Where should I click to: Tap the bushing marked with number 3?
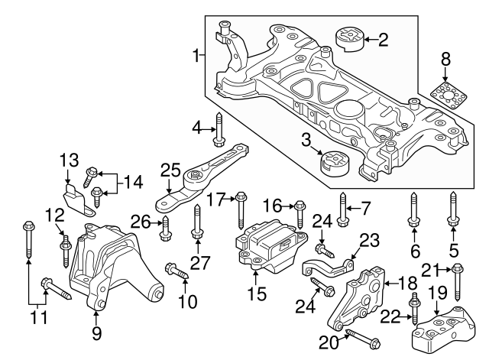pos(333,163)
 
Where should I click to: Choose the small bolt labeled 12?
pos(65,247)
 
